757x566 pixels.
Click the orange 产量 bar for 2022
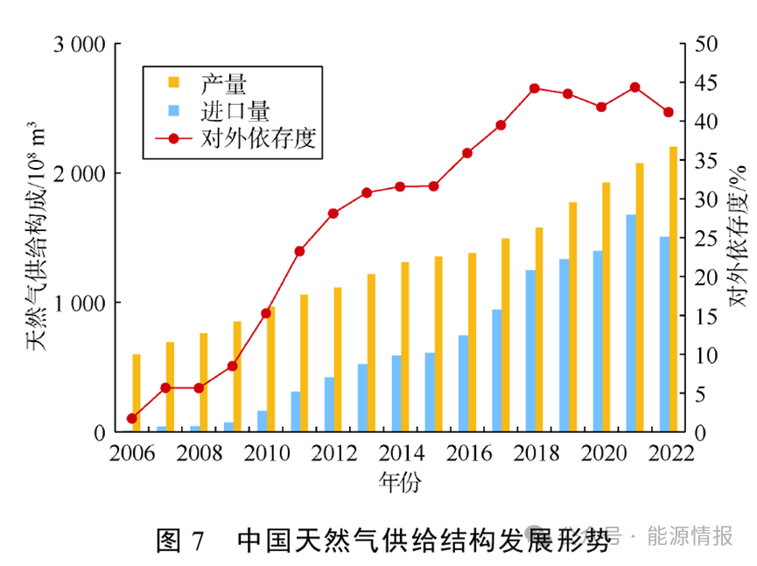click(x=673, y=289)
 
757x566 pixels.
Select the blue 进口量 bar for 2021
click(x=630, y=323)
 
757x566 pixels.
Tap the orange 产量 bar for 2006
click(x=137, y=393)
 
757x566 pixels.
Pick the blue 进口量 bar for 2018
click(x=530, y=351)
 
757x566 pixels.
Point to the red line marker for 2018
click(x=535, y=88)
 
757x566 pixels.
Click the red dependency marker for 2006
click(x=132, y=418)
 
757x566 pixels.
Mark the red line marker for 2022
click(x=669, y=112)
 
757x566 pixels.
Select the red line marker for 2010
click(x=266, y=312)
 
